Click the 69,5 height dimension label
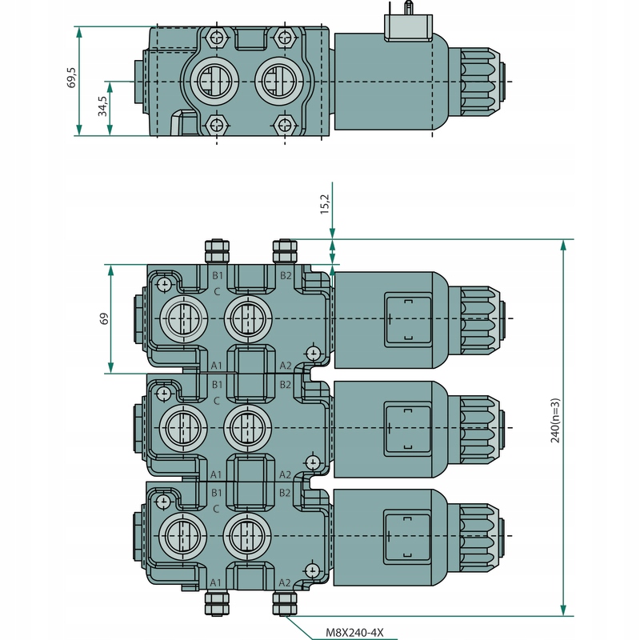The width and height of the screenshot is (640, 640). [71, 78]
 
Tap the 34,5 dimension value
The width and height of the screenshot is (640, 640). [102, 107]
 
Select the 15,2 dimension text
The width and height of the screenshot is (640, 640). [325, 205]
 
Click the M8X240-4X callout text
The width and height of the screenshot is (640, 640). [354, 632]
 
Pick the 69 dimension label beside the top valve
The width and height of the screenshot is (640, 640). [103, 319]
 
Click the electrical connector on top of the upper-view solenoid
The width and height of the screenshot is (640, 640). [408, 26]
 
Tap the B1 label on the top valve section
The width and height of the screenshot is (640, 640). [217, 276]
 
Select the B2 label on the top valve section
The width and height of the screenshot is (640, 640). [286, 276]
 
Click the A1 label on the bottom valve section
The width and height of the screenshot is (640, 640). [215, 582]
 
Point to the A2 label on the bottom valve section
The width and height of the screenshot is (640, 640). [285, 582]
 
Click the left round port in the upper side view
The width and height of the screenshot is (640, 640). [209, 82]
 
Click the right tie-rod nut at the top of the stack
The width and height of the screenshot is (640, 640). [286, 251]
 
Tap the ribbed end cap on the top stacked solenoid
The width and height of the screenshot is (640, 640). [482, 318]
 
